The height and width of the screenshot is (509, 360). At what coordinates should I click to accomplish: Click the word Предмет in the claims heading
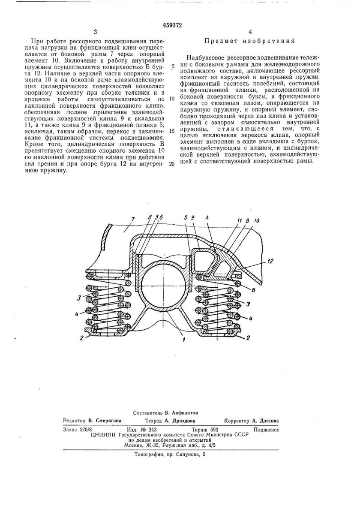(221, 42)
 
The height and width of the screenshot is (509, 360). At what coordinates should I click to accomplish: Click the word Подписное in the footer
(266, 429)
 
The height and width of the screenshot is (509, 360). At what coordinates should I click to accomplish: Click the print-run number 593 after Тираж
(214, 429)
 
